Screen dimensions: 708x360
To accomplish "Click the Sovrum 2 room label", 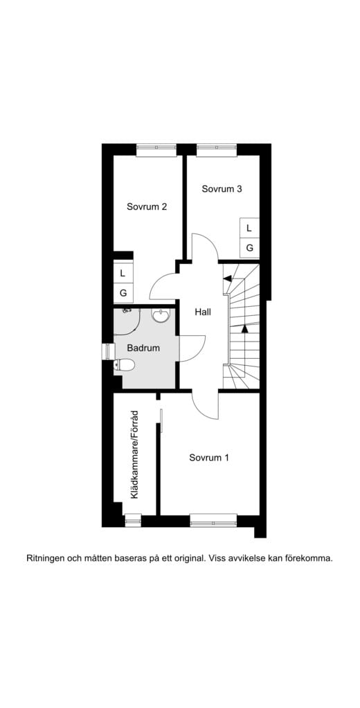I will coord(147,206).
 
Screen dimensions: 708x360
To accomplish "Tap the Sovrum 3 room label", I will coord(222,188).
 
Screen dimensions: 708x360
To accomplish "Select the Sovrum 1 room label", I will coord(209,457).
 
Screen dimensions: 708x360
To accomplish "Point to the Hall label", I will coord(202,312).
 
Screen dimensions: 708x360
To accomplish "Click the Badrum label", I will coord(143,348).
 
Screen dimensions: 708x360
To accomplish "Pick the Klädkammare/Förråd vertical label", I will coord(135,454).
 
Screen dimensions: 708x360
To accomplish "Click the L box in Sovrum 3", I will coord(249,227).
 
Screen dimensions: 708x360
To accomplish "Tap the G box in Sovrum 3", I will coord(249,247).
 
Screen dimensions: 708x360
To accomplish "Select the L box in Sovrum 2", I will coord(123,273).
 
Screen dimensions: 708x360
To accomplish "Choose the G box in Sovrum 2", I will coord(123,293).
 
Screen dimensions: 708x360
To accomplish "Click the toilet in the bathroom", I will coord(125,364).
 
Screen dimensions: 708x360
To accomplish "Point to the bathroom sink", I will coord(161,316).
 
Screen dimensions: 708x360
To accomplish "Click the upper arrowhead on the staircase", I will coord(226,278).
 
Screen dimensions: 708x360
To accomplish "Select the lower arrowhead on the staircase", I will coord(244,330).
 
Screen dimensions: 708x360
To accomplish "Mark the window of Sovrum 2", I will coord(156,147).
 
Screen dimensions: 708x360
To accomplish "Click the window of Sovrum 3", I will coord(216,147).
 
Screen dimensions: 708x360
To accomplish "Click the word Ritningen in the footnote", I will coord(46,557).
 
